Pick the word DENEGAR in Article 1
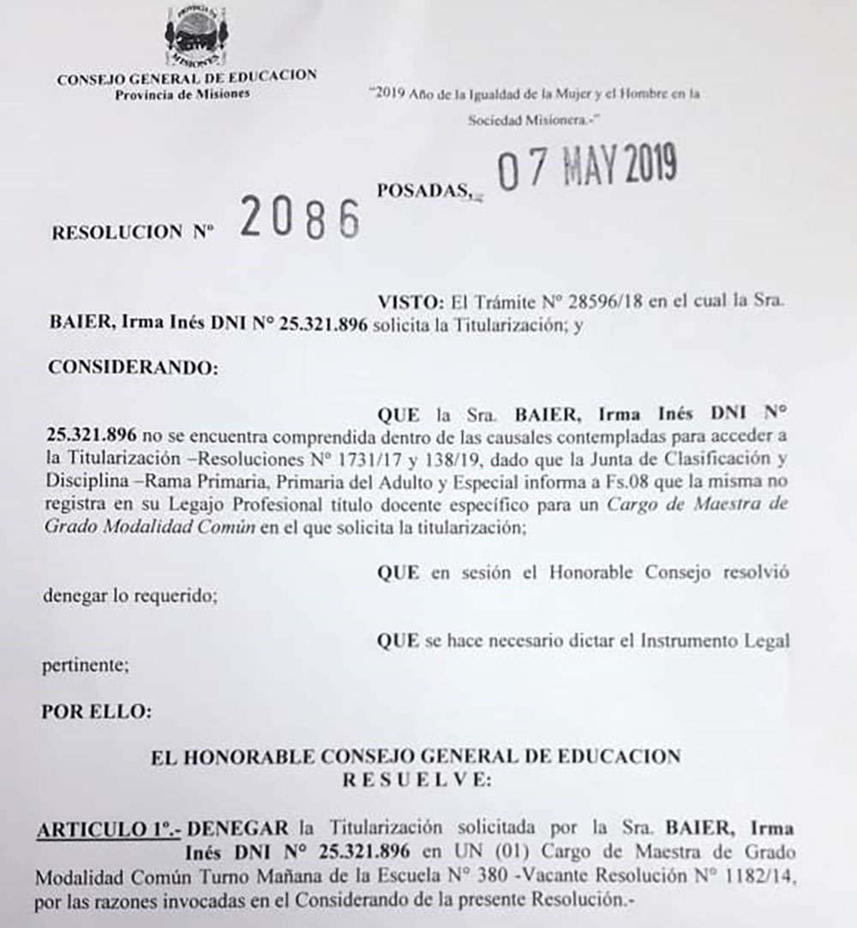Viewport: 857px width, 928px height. [x=239, y=829]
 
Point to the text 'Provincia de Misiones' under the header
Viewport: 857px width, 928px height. [x=183, y=93]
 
